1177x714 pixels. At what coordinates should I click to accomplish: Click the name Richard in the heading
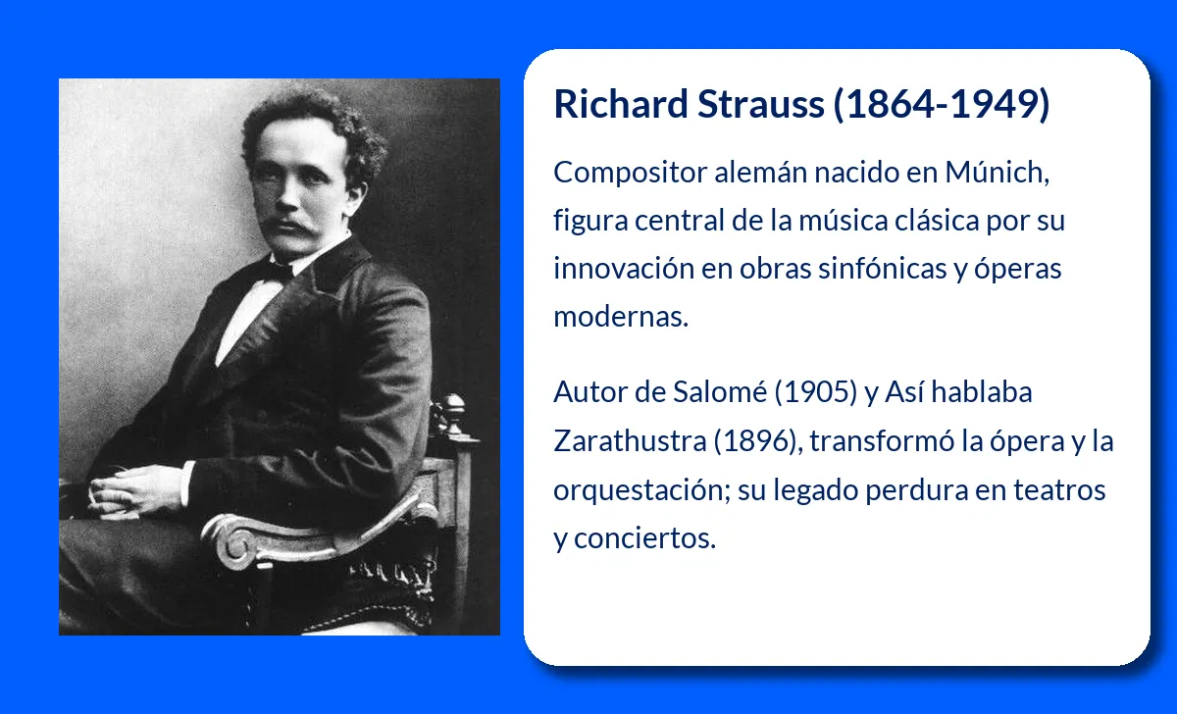(621, 104)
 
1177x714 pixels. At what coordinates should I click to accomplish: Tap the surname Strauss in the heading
(761, 104)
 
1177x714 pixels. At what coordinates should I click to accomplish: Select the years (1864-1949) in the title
(942, 104)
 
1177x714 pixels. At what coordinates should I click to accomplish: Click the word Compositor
(630, 174)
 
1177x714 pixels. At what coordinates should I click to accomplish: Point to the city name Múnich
(997, 172)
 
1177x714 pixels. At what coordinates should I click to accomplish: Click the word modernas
(621, 317)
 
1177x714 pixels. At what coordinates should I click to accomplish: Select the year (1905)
(815, 392)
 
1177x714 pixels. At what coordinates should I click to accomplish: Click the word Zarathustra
(630, 440)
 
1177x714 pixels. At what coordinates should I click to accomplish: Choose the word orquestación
(642, 490)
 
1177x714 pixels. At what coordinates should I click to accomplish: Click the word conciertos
(644, 538)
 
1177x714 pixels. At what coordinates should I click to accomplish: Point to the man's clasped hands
(126, 489)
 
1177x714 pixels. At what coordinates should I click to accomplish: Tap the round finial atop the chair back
(453, 407)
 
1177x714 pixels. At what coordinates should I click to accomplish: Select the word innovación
(624, 268)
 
